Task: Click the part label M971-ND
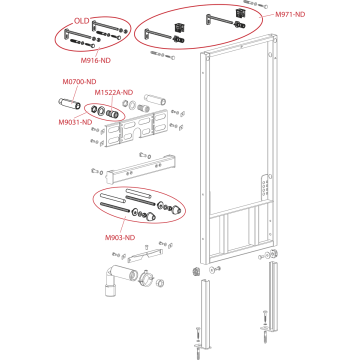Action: [x=290, y=14]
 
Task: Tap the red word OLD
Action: [x=81, y=21]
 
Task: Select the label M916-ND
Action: [x=95, y=60]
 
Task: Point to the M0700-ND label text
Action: [x=79, y=81]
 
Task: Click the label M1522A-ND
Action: [x=113, y=92]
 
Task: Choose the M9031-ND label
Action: [x=75, y=122]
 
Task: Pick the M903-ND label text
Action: [x=120, y=237]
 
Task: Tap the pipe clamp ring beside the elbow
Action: [x=146, y=278]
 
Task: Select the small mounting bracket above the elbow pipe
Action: [x=145, y=255]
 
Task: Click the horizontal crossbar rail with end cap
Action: [x=140, y=169]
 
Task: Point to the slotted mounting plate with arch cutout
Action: [x=136, y=128]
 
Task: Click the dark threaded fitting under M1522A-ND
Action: [x=112, y=113]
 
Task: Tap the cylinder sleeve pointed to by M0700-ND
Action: [x=69, y=103]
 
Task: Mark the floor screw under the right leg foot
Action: [x=265, y=337]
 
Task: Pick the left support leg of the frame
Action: [x=205, y=314]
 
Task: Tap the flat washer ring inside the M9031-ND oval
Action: [x=101, y=111]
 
